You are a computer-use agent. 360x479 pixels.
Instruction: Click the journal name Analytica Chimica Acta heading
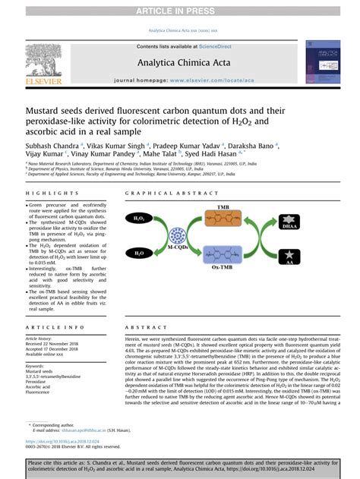(180, 62)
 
